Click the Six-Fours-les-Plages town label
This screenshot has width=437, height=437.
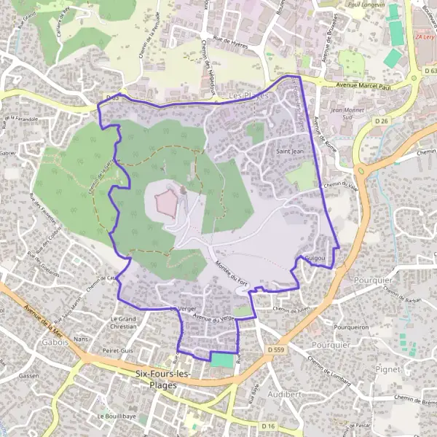point(162,379)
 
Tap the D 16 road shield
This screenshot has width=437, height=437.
point(268,424)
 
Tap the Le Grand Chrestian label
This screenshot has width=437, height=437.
point(123,323)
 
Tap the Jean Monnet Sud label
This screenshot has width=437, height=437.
point(347,114)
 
